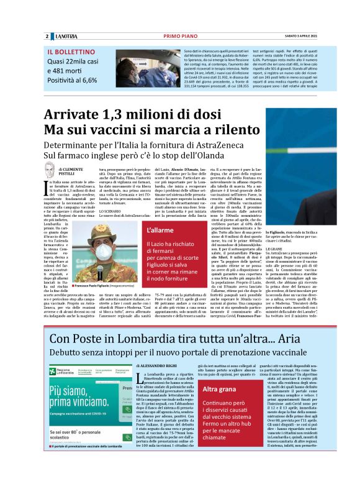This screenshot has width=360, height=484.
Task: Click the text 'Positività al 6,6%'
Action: pos(73,80)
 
